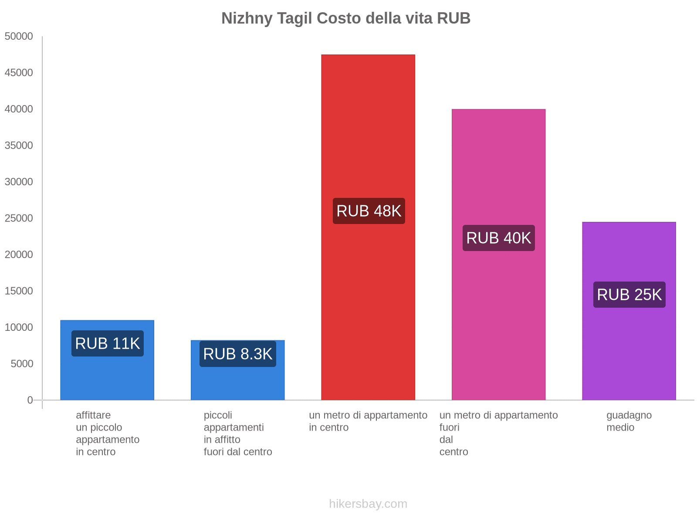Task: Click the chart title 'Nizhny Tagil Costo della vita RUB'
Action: (346, 18)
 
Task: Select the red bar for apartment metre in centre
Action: (368, 131)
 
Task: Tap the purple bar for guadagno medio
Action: (629, 349)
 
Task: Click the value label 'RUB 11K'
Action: (108, 343)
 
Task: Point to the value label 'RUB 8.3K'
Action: (238, 354)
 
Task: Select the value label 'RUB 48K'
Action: (369, 211)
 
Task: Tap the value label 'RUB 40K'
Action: (498, 238)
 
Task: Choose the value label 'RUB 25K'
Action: (629, 295)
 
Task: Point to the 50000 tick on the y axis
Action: (19, 36)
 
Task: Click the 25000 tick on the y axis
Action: (19, 218)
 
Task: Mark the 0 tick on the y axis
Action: (30, 400)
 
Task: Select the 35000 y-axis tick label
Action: (19, 145)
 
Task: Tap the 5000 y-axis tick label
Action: (22, 363)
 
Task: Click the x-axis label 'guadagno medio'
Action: (629, 421)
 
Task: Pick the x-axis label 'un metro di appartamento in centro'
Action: (368, 421)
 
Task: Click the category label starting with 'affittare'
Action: (108, 433)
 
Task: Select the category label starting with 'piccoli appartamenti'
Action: (238, 433)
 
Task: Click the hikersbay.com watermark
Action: (368, 504)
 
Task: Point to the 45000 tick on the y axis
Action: (19, 72)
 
